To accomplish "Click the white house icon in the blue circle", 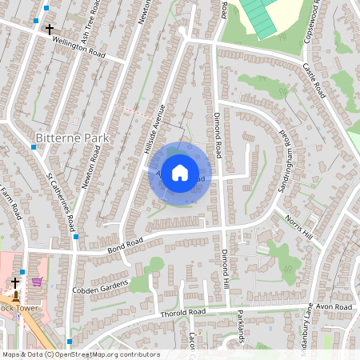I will click(x=180, y=172).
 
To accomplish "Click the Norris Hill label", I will click(x=298, y=227).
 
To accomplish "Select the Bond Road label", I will click(x=125, y=243).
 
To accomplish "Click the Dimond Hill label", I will click(x=226, y=283).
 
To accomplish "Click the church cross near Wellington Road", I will click(x=50, y=30).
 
